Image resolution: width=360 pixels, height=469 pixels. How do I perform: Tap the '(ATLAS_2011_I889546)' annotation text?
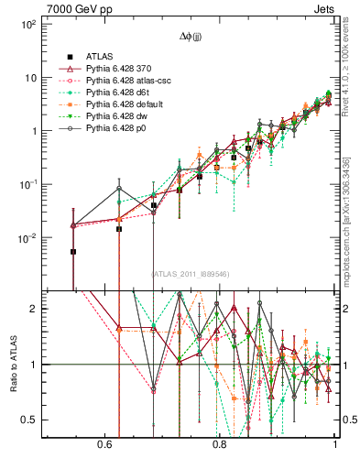point(190,274)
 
